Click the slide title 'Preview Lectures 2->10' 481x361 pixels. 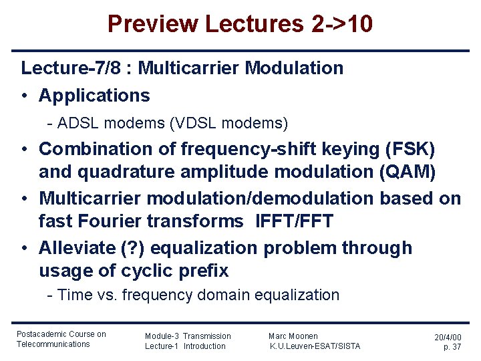[240, 25]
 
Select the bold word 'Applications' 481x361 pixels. [94, 96]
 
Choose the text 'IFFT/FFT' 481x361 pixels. [294, 221]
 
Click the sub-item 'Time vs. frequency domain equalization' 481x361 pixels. [198, 295]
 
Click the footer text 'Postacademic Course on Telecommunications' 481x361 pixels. [61, 339]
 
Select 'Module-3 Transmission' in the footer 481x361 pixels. [188, 336]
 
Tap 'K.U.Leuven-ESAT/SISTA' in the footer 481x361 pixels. [315, 346]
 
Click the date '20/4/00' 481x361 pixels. [447, 338]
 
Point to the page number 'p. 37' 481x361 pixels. [452, 348]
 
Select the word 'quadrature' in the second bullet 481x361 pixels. [114, 172]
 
